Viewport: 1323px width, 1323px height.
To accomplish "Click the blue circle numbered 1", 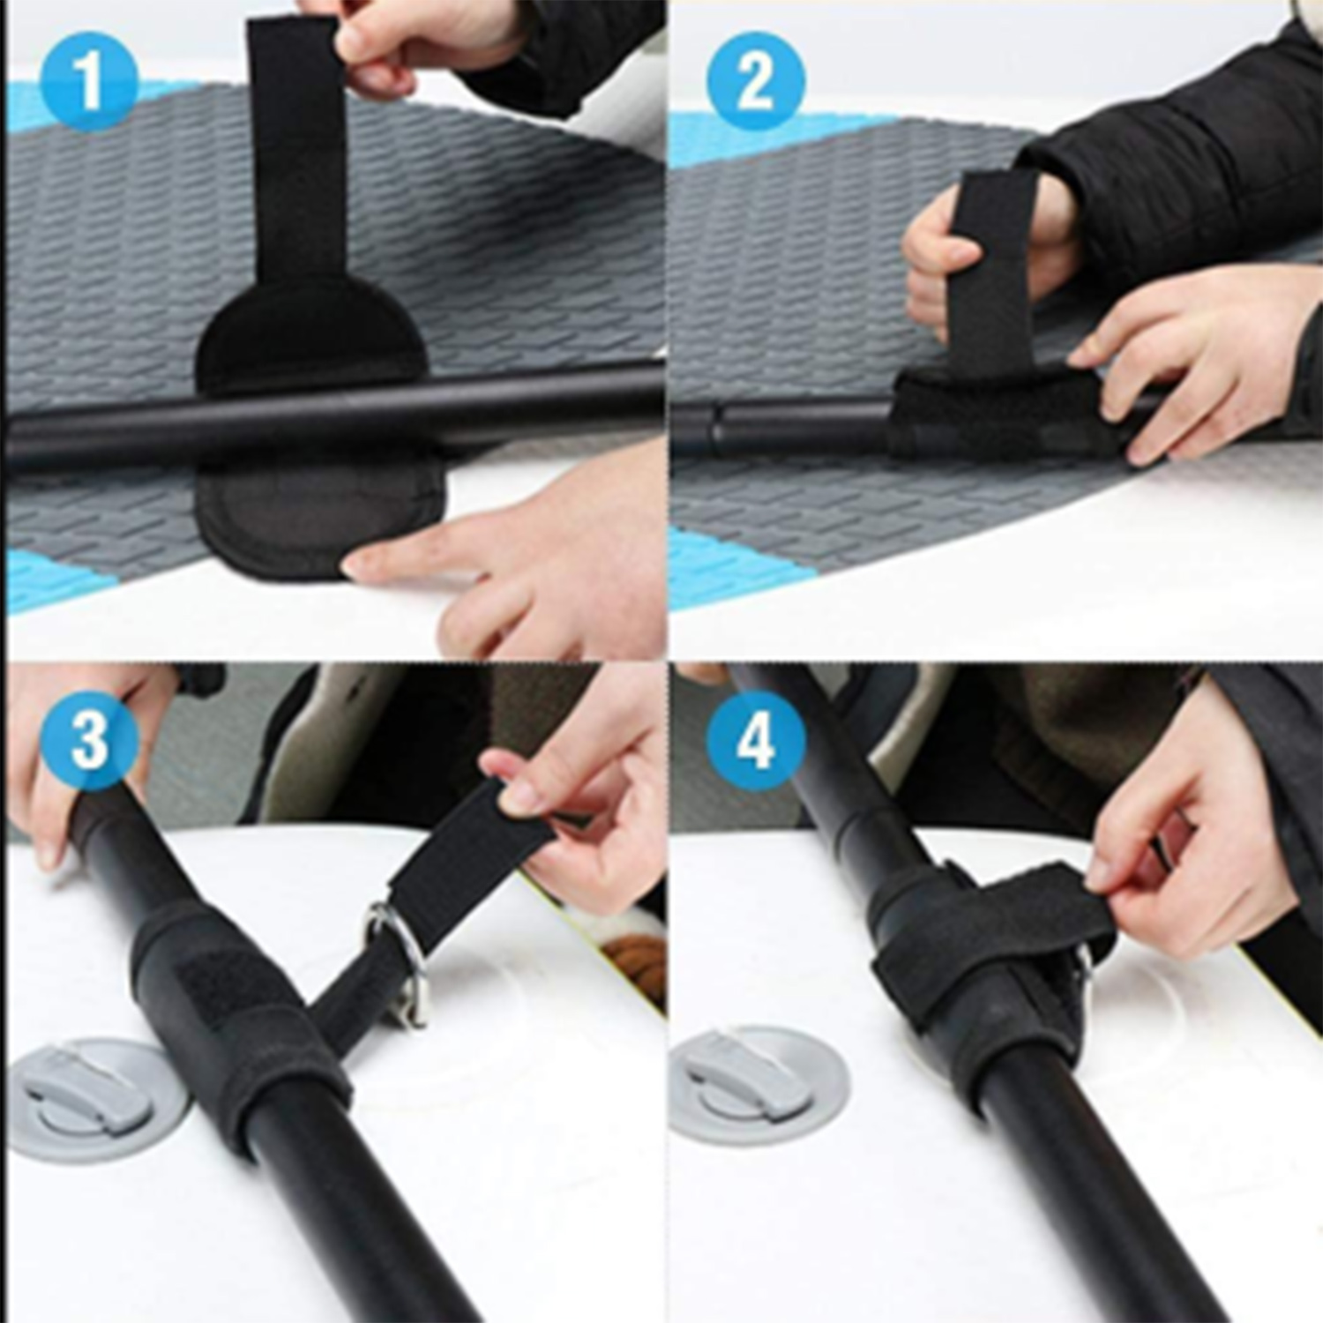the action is coord(89,82).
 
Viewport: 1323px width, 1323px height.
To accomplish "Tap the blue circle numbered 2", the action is coord(755,82).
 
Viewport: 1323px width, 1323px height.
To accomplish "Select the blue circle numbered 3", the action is coord(89,739).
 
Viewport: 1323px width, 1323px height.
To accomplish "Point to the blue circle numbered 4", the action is coord(755,739).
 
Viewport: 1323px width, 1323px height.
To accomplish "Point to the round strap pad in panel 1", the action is coord(318,423).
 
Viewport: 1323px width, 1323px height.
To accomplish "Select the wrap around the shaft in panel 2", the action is coord(1014,415).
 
